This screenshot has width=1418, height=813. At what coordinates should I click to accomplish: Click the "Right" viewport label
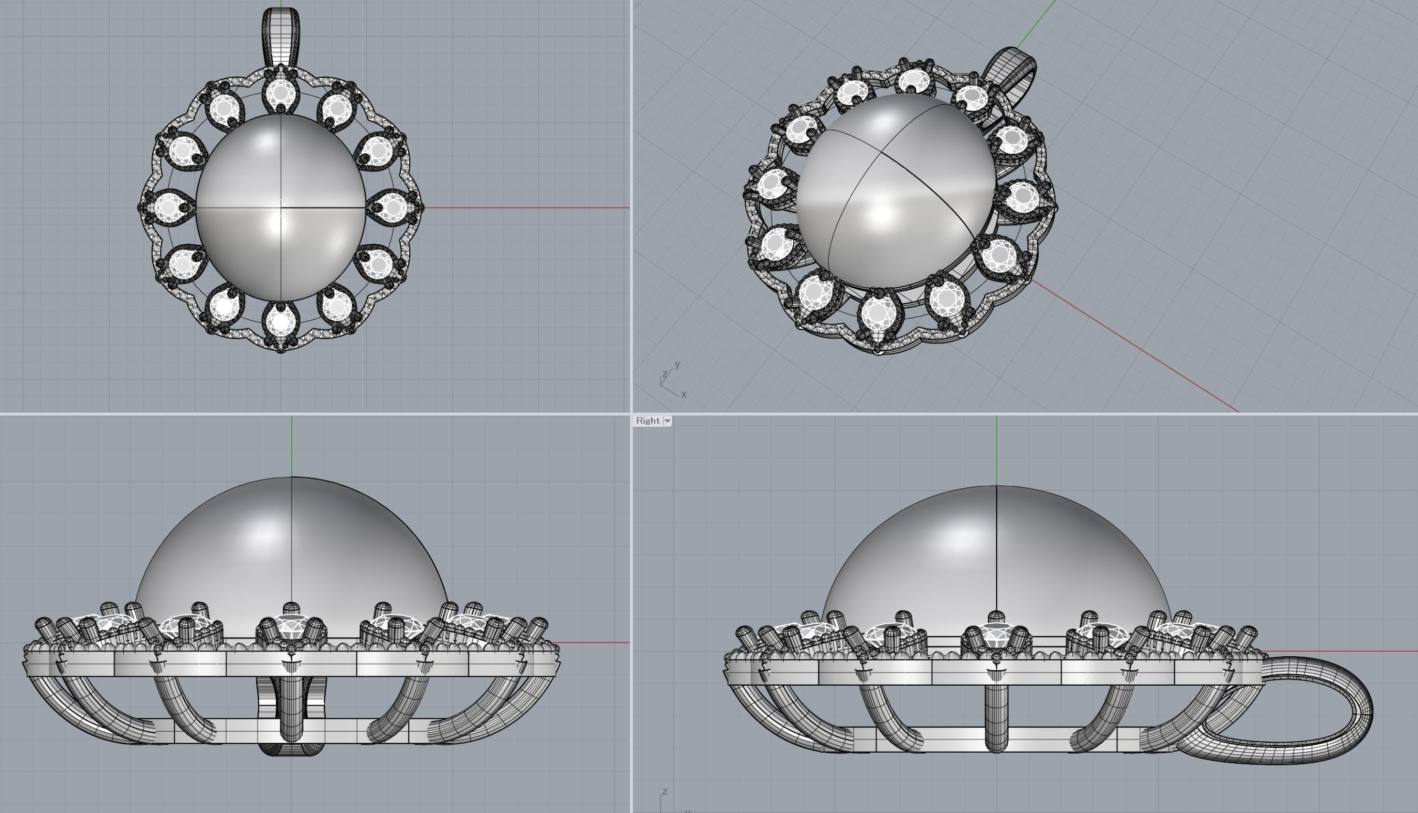647,420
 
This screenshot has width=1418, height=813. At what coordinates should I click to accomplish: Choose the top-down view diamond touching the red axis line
393,207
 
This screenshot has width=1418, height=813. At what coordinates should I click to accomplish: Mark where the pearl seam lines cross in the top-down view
281,208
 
